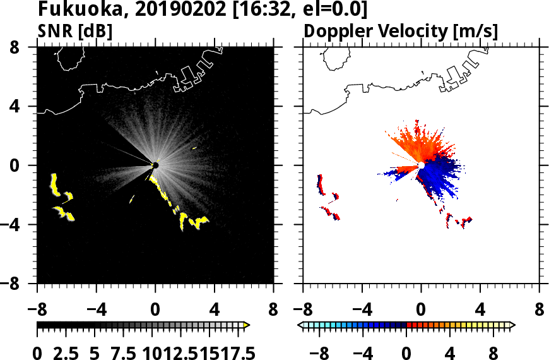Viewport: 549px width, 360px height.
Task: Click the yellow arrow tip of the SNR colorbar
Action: [x=247, y=325]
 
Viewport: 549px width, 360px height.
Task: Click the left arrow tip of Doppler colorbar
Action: [x=300, y=325]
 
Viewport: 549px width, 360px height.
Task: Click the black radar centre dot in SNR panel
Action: [x=155, y=165]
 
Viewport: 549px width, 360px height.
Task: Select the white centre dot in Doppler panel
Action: [x=421, y=165]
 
